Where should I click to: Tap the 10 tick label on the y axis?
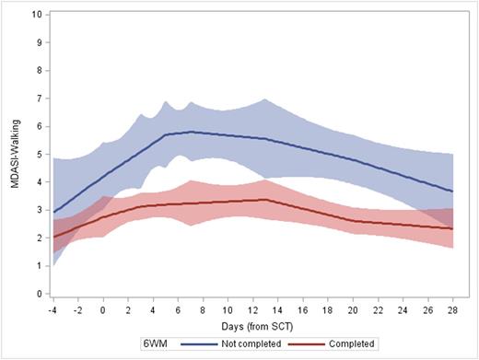pyautogui.click(x=35, y=15)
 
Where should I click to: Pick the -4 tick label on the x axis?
pyautogui.click(x=54, y=310)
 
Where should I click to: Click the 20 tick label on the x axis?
pyautogui.click(x=351, y=310)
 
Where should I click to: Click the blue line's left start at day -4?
pyautogui.click(x=54, y=212)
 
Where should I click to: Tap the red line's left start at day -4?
pyautogui.click(x=54, y=237)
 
